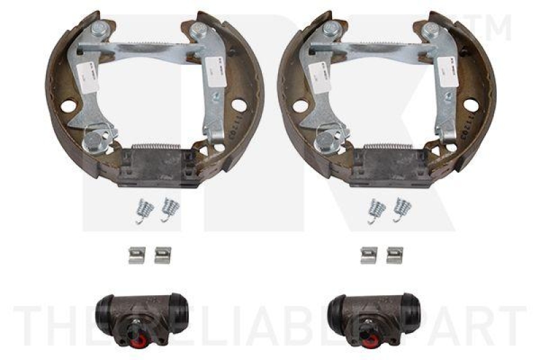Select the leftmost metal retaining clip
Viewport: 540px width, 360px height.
coord(137,255)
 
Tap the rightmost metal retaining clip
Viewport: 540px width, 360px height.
coord(394,255)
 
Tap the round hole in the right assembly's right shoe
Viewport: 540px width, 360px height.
coord(470,107)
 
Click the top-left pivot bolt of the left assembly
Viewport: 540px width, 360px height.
coord(98,29)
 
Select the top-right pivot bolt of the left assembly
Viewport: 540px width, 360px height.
coord(198,30)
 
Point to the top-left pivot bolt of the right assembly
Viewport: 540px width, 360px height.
coord(330,29)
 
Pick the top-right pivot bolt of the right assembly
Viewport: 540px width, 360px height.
coord(430,30)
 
